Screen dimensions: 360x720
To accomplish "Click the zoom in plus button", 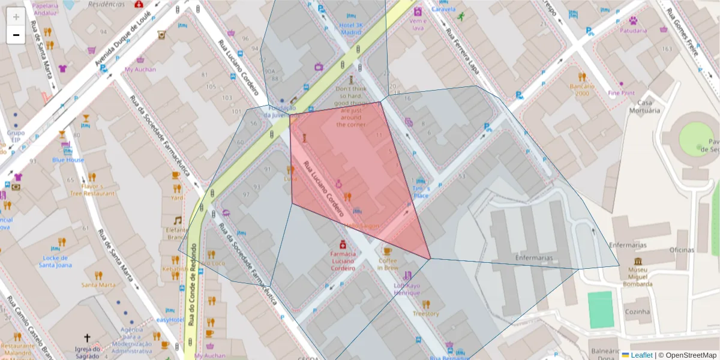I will point(16,17).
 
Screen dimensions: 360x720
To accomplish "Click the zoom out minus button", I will point(16,35).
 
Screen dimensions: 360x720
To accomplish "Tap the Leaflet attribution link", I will point(641,355).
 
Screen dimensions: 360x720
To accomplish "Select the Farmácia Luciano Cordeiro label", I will point(343,261).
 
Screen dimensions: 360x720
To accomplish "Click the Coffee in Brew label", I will point(387,264).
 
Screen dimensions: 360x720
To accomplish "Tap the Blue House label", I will point(68,160).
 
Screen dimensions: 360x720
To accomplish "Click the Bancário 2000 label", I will point(582,90).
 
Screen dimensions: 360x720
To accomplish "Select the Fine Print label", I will point(621,93).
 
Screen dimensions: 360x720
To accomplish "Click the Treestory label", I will point(425,313).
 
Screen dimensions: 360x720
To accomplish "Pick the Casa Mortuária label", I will point(644,106).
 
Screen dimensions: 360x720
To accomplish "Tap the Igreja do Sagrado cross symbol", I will point(87,338).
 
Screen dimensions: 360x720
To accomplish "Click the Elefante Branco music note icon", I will point(177,220).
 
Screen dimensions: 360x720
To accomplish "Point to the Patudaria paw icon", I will point(632,20).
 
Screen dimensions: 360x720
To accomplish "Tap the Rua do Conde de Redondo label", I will point(193,285).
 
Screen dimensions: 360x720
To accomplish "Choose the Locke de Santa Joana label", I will point(55,261).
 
